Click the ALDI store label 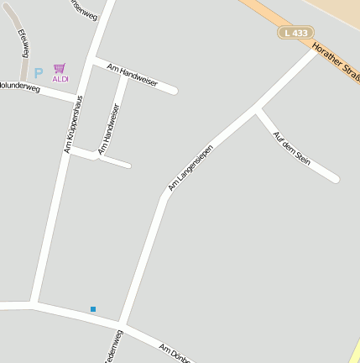click(60, 79)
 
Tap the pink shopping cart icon click(60, 68)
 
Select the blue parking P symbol click(38, 73)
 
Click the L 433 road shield click(295, 33)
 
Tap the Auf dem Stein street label click(291, 149)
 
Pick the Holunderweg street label click(20, 86)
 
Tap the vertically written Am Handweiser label click(109, 128)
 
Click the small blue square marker click(93, 309)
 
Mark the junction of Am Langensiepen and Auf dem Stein click(256, 109)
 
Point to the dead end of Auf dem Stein click(336, 178)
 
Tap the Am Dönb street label click(176, 353)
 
